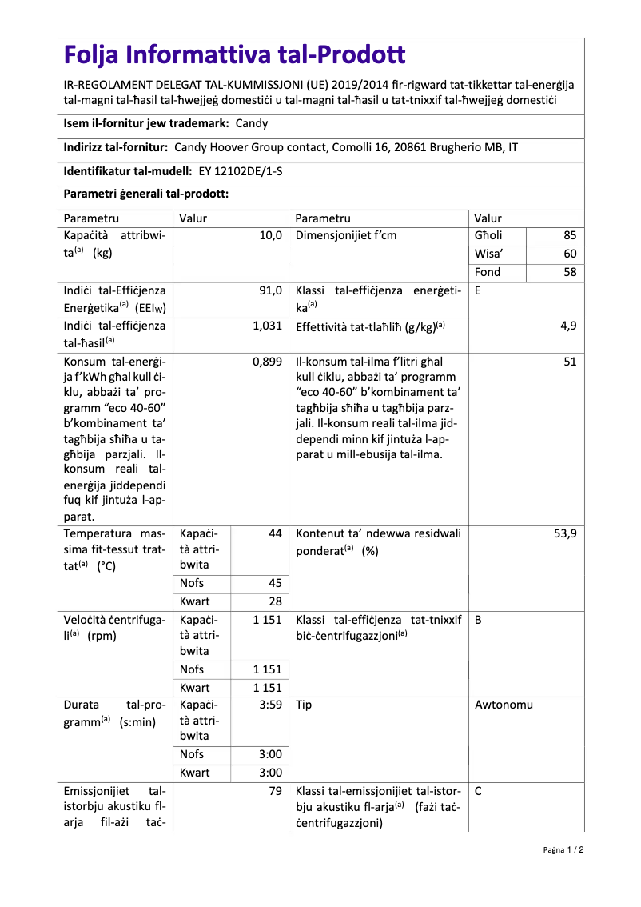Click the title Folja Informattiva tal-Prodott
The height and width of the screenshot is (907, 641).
click(234, 55)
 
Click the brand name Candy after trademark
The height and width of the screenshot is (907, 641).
click(252, 123)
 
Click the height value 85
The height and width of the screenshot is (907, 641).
click(569, 236)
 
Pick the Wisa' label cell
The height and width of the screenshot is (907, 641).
click(488, 254)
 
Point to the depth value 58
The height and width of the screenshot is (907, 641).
click(569, 272)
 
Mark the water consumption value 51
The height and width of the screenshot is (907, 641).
click(569, 362)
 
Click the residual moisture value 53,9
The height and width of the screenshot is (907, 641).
click(565, 533)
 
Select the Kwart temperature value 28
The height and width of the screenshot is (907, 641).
click(275, 601)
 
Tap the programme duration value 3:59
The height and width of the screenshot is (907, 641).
click(271, 705)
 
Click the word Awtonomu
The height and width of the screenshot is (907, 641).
click(504, 705)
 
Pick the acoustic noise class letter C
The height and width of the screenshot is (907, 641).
click(478, 792)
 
